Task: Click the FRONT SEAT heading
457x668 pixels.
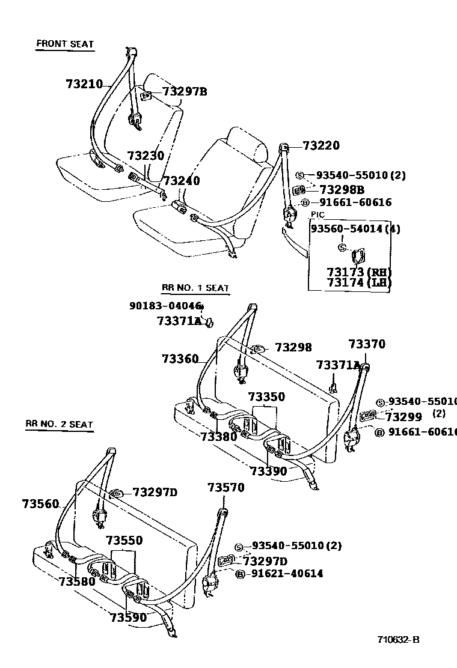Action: click(x=65, y=44)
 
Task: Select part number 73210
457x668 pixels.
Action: click(x=84, y=85)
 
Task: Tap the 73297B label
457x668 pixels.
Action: click(x=185, y=92)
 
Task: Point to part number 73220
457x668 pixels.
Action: click(x=321, y=145)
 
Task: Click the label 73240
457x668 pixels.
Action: click(x=182, y=181)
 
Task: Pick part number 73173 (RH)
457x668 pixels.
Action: click(x=359, y=272)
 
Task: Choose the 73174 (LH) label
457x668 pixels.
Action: click(x=359, y=282)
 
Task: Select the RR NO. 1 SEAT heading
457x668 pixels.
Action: click(x=195, y=288)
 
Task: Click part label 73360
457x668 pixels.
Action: click(x=180, y=359)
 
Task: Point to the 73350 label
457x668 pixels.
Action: click(x=266, y=397)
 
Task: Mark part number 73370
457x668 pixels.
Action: click(x=367, y=344)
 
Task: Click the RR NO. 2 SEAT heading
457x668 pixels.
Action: click(x=59, y=424)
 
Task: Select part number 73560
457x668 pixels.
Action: click(x=40, y=503)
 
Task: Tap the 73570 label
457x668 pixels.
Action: click(x=226, y=488)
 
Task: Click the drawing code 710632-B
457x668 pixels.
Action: click(x=398, y=639)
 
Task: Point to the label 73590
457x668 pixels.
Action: click(x=128, y=616)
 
